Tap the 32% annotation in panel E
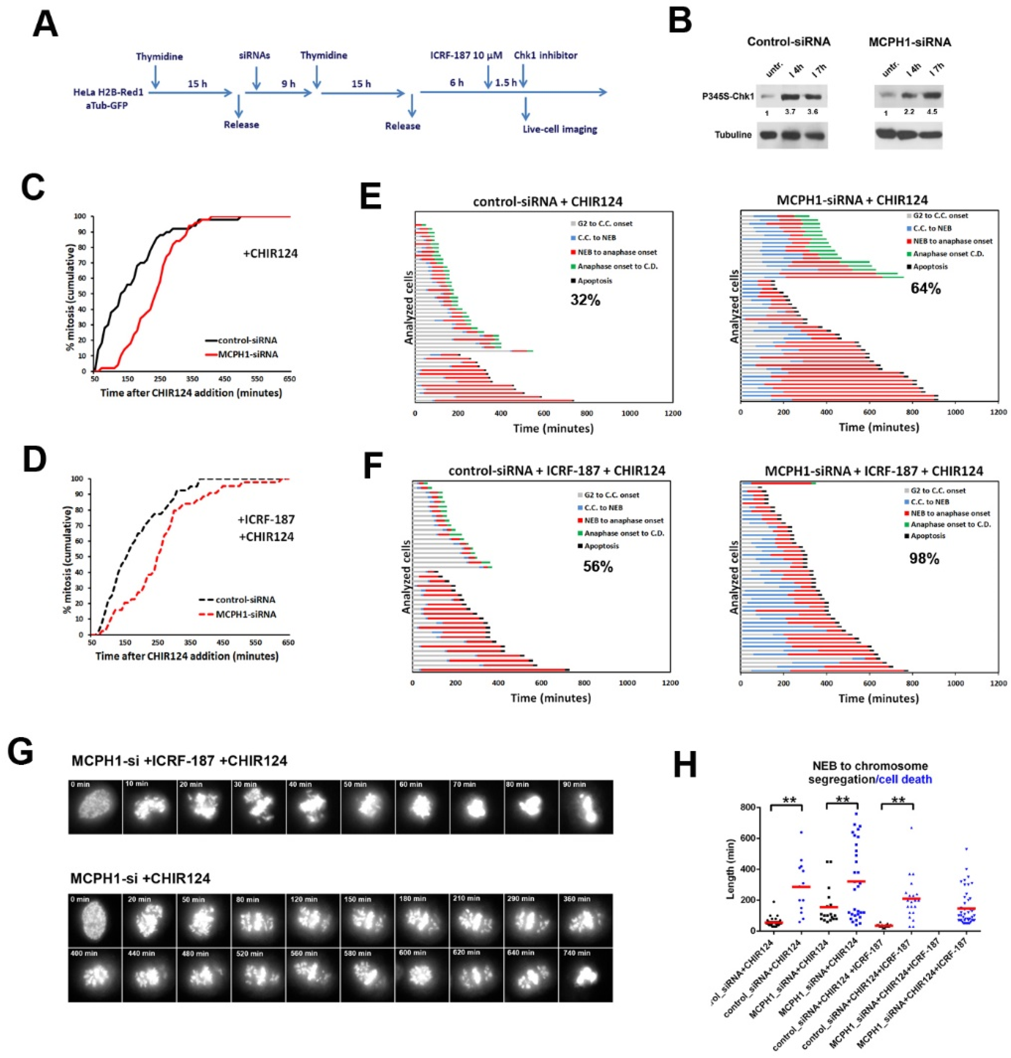[x=585, y=300]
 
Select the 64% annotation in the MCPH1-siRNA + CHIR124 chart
[x=925, y=289]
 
